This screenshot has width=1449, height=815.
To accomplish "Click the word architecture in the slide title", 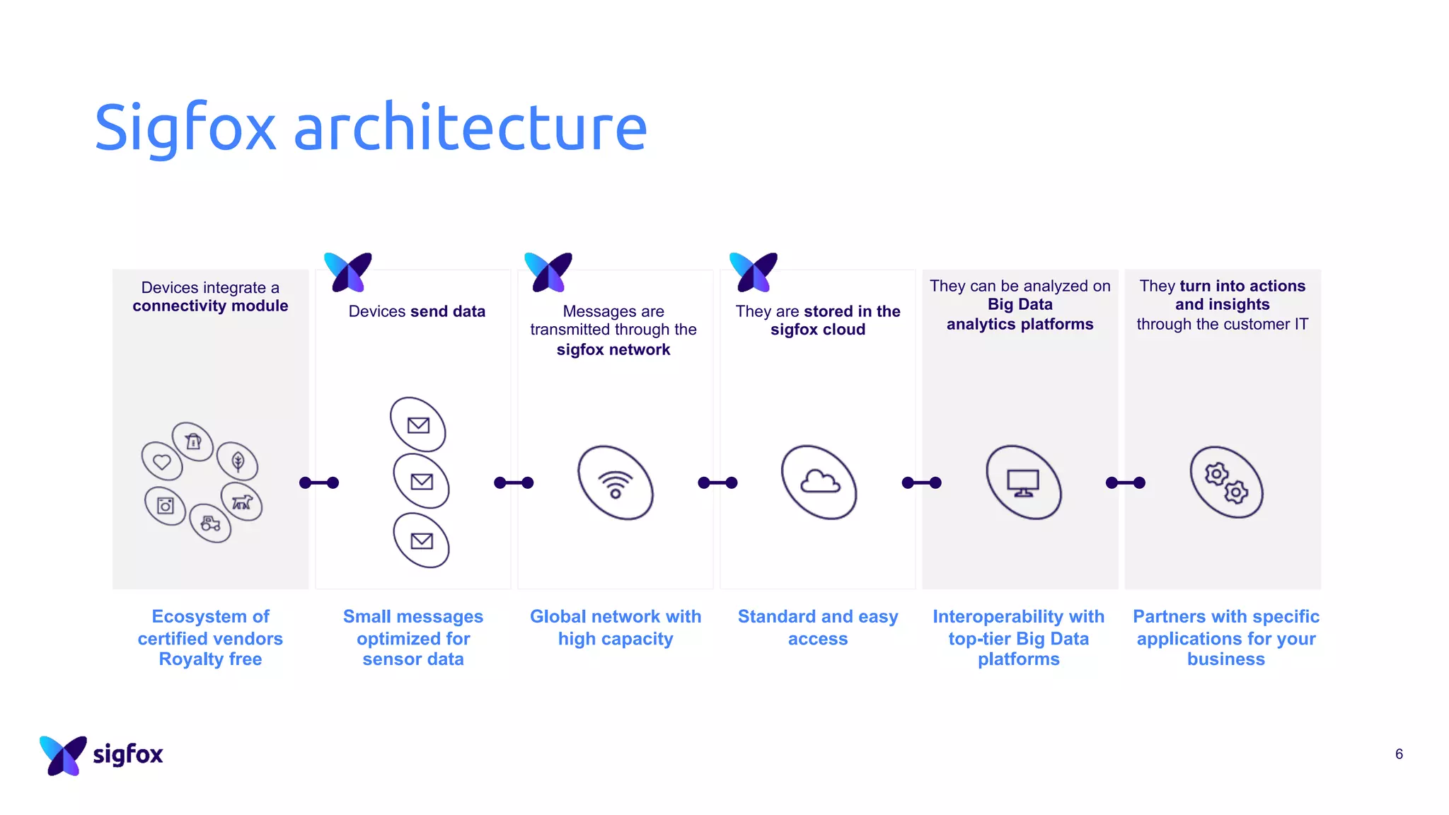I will tap(470, 127).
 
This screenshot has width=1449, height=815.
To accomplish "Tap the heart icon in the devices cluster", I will tap(162, 461).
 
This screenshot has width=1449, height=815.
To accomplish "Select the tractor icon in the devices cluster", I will tap(210, 524).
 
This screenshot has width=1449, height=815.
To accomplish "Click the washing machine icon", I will tap(166, 506).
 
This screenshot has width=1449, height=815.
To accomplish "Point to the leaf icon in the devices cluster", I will tap(238, 461).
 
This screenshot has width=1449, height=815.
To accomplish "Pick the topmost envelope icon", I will tap(418, 424).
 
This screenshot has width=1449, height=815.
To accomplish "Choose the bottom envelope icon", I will tap(422, 541).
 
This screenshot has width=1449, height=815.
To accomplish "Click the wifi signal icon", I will tap(616, 483).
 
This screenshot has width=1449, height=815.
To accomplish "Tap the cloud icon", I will tap(819, 482).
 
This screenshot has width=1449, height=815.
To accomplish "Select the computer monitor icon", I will tap(1023, 482).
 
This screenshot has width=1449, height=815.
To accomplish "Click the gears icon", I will tap(1226, 482).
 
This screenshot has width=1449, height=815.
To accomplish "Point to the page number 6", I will tap(1399, 754).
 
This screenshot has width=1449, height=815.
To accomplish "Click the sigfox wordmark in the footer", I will tap(128, 754).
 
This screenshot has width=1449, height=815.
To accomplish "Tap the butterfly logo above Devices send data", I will tap(348, 272).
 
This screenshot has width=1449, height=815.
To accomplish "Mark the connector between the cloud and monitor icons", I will tap(921, 482).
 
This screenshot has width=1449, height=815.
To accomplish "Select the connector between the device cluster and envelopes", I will tap(319, 482).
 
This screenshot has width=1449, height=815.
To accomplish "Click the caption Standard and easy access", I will tap(818, 627).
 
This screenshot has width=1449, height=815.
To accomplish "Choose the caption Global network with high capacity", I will tap(616, 627).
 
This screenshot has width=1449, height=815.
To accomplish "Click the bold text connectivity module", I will tap(210, 306).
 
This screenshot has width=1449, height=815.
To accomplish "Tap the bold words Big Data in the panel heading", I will tap(1020, 304).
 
